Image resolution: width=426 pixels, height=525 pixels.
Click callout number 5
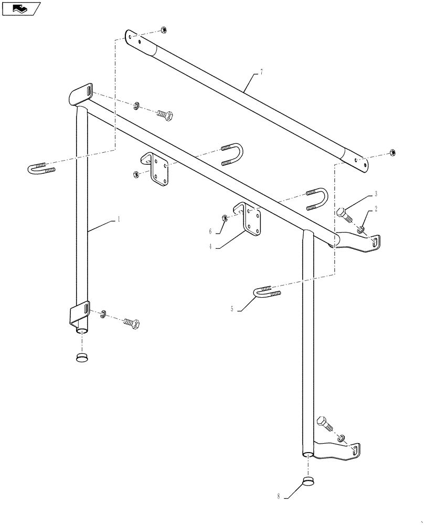(x=231, y=310)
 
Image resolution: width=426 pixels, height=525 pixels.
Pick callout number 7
(x=261, y=72)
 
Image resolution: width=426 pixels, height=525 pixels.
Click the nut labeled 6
(x=224, y=218)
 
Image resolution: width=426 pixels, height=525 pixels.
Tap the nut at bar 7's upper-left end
(x=163, y=30)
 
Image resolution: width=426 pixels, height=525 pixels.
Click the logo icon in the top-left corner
(x=21, y=8)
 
